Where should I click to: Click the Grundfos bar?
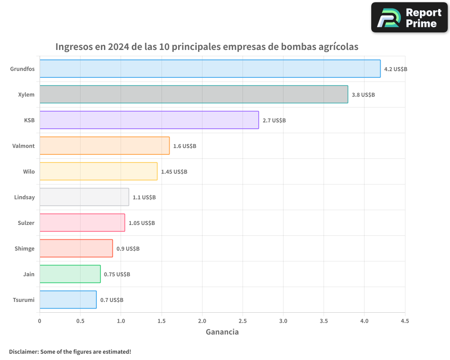(x=210, y=69)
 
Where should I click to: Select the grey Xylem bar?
(x=193, y=94)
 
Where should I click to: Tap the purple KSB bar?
(x=149, y=120)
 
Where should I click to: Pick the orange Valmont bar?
(x=104, y=146)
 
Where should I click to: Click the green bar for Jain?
(x=70, y=274)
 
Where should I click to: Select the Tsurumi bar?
(x=68, y=300)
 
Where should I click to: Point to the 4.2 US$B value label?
(x=396, y=69)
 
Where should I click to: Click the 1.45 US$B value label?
(x=174, y=172)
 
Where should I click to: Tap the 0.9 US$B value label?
(x=128, y=249)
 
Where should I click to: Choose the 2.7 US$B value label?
(x=274, y=121)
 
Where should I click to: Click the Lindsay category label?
(x=24, y=197)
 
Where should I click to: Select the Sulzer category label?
(x=26, y=223)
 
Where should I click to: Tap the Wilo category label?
(x=29, y=171)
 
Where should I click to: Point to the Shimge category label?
(x=24, y=248)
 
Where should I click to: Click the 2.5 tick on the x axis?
(x=243, y=321)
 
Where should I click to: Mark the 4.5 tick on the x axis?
(x=405, y=321)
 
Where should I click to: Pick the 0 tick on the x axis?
(x=40, y=321)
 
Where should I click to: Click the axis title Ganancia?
(x=222, y=332)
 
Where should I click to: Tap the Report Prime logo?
(x=409, y=18)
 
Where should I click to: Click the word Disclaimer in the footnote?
(x=23, y=351)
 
